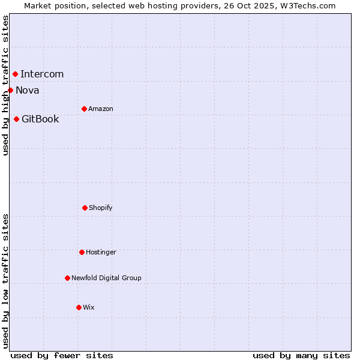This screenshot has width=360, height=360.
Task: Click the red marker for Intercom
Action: point(15,74)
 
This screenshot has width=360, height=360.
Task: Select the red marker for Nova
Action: point(10,91)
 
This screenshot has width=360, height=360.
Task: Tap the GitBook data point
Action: point(16,119)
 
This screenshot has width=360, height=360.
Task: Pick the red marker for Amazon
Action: point(84,109)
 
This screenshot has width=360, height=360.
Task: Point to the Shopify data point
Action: point(85,208)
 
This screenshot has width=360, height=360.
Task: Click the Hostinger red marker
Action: point(82,252)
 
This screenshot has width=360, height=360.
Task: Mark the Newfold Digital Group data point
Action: point(67,278)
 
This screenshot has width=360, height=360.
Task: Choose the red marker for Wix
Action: point(79,307)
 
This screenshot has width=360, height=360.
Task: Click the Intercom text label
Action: point(42,74)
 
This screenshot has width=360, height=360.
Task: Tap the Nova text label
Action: point(28,91)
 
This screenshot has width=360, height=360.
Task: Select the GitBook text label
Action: point(40,119)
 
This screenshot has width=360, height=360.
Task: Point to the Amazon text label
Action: point(101,109)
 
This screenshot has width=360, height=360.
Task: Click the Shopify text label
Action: point(101,208)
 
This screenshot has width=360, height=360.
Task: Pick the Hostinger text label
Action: point(101,252)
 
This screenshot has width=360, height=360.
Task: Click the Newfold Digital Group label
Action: point(106,278)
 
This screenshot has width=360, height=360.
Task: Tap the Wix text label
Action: point(89,307)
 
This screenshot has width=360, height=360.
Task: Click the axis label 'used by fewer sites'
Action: point(62,355)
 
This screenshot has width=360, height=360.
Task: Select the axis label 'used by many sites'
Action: point(301,355)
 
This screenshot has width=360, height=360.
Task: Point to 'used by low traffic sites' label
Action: point(5,281)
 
